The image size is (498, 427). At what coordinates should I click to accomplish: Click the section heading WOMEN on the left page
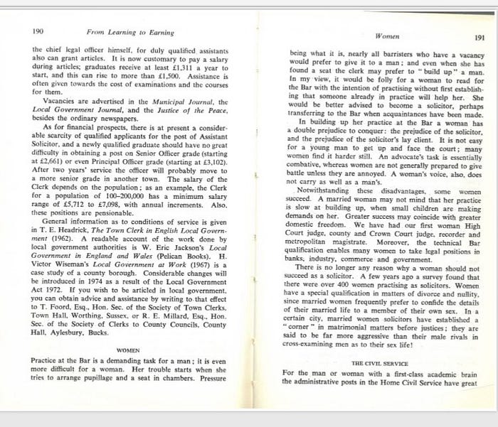pos(127,350)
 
